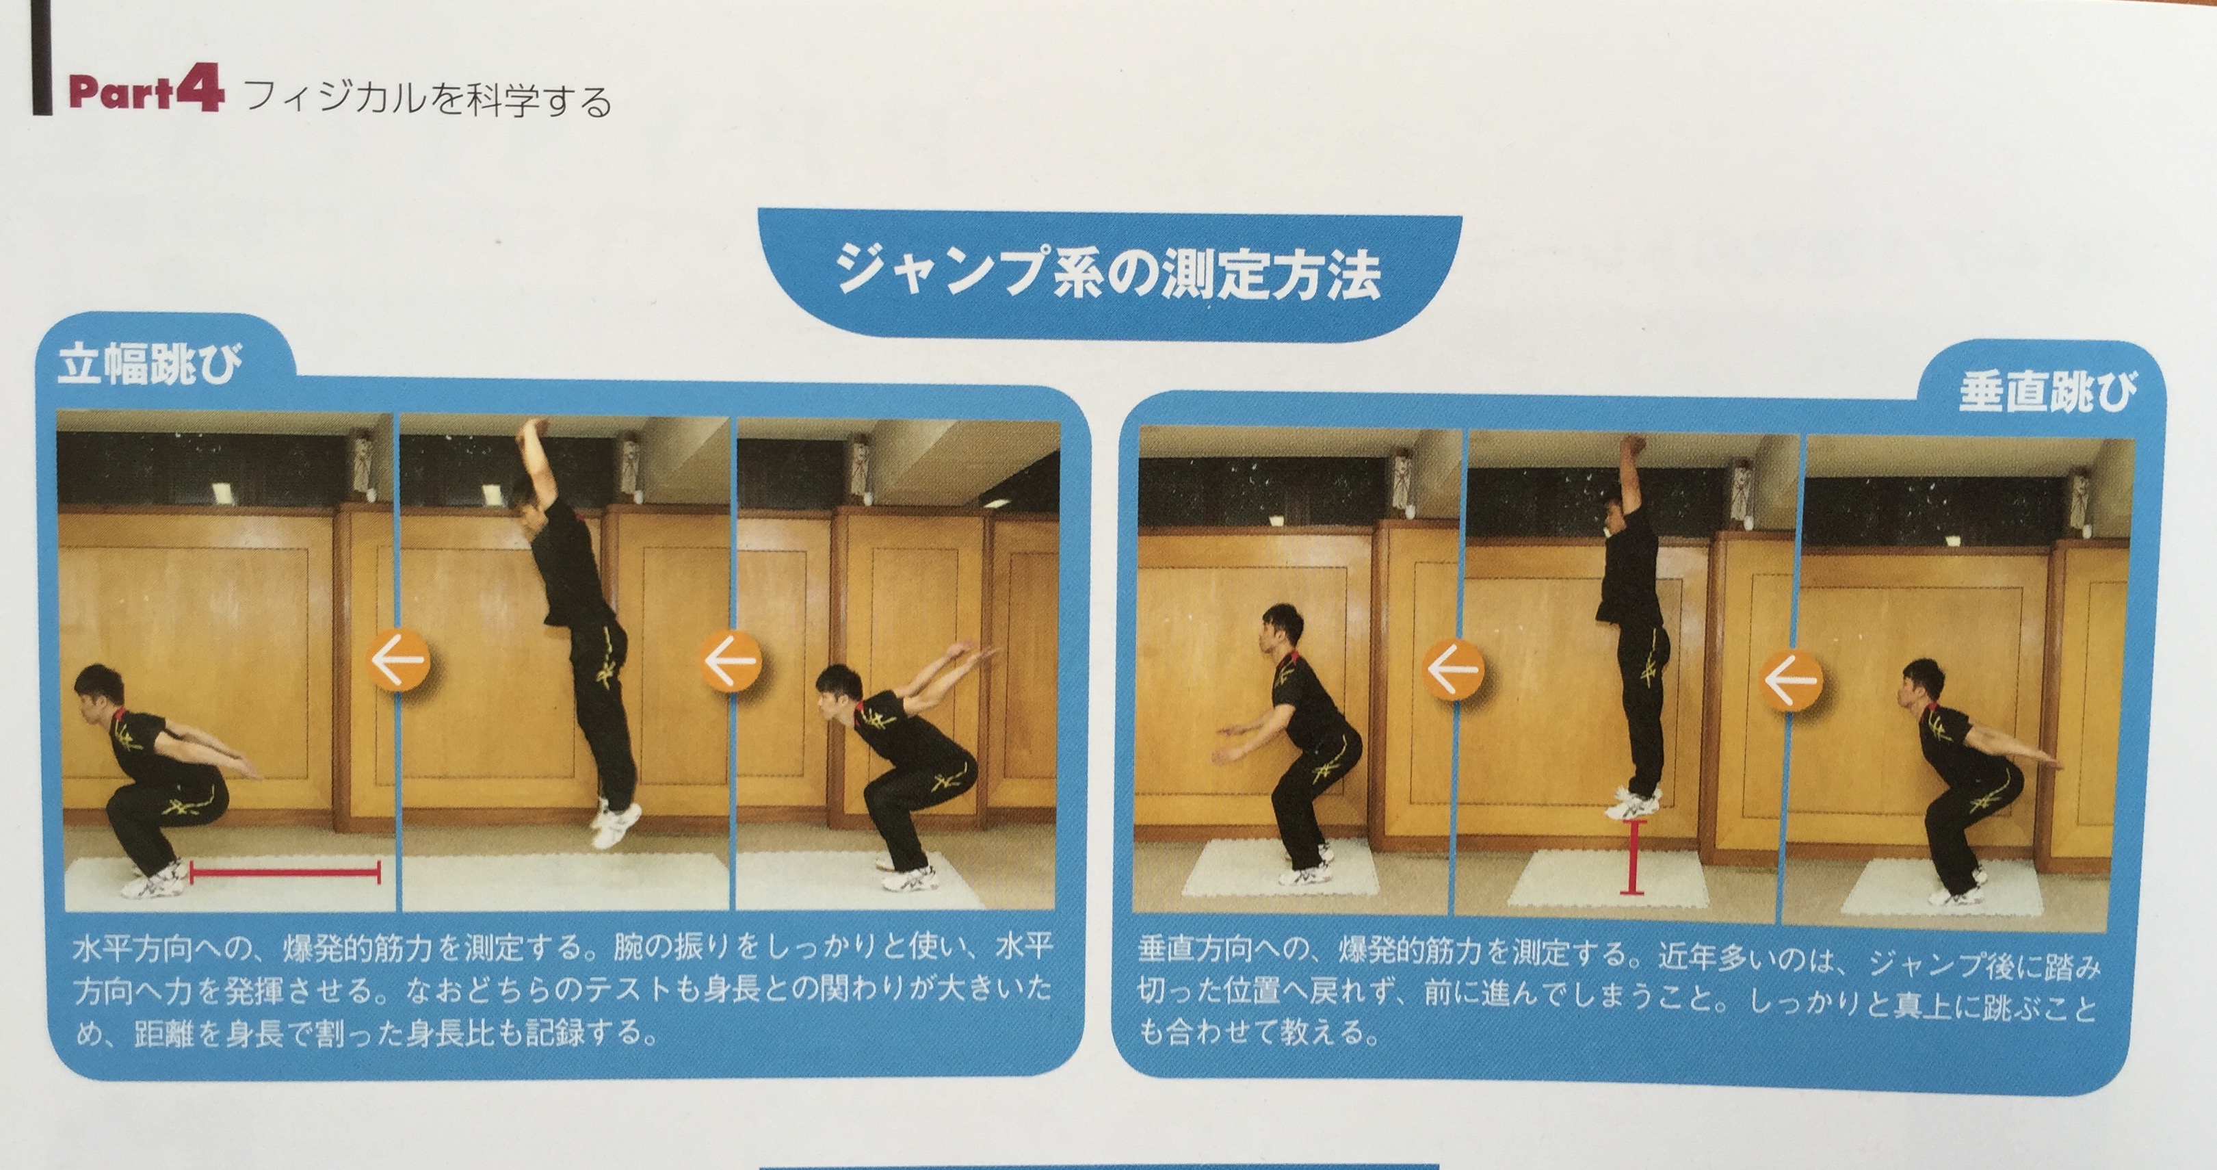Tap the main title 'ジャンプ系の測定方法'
click(1107, 273)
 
